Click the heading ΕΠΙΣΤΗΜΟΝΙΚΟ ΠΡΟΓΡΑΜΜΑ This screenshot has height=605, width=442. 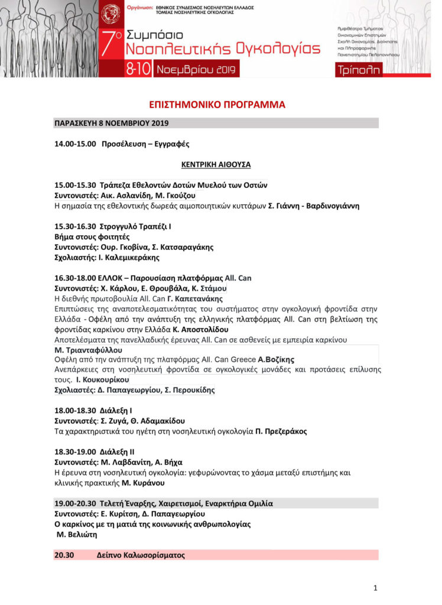pos(217,105)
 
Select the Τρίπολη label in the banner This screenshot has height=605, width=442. pos(357,70)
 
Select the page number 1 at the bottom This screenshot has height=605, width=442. pos(375,587)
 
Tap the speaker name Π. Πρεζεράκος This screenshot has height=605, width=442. pos(281,431)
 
